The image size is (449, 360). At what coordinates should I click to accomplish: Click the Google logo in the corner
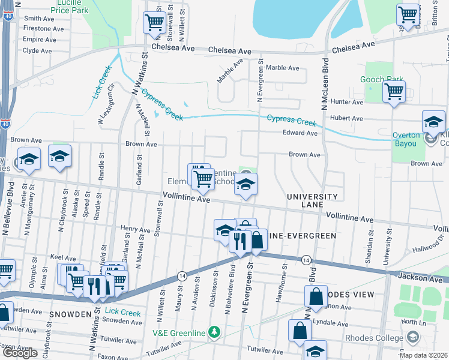click(19, 353)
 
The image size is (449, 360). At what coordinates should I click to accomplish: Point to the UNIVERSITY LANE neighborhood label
click(312, 200)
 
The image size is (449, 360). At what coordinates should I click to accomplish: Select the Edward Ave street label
click(300, 133)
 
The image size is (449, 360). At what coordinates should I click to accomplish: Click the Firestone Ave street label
click(43, 29)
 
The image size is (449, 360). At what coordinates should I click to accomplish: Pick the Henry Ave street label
click(135, 229)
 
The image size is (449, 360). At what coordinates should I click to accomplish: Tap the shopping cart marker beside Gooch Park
click(394, 92)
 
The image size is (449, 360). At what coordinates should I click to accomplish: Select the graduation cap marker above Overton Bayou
click(433, 122)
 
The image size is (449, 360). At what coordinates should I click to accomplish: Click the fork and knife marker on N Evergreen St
click(240, 241)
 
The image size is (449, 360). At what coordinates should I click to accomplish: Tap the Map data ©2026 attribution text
click(423, 355)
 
